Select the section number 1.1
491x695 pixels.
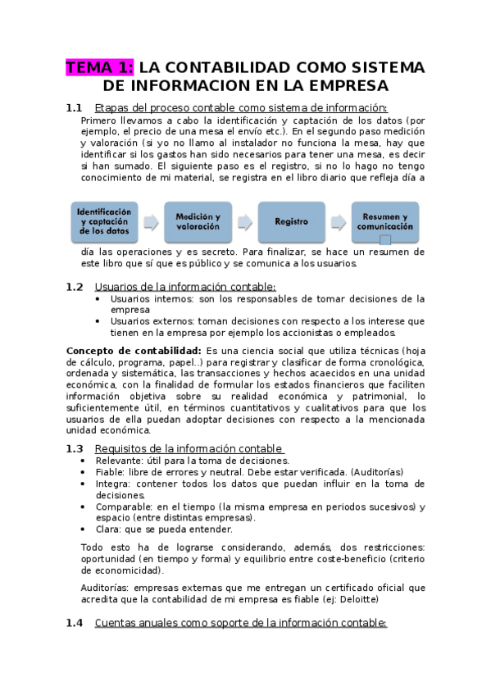point(74,107)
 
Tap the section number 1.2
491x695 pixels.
point(74,287)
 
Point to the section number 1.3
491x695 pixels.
point(74,448)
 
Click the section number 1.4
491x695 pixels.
point(74,623)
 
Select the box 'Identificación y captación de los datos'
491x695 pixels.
point(103,221)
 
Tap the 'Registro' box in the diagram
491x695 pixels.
point(291,221)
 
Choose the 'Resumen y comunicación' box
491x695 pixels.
point(384,221)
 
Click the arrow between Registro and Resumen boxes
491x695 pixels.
point(338,222)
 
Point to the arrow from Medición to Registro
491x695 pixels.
point(244,222)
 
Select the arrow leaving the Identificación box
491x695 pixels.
point(151,222)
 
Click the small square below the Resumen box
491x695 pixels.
point(385,240)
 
